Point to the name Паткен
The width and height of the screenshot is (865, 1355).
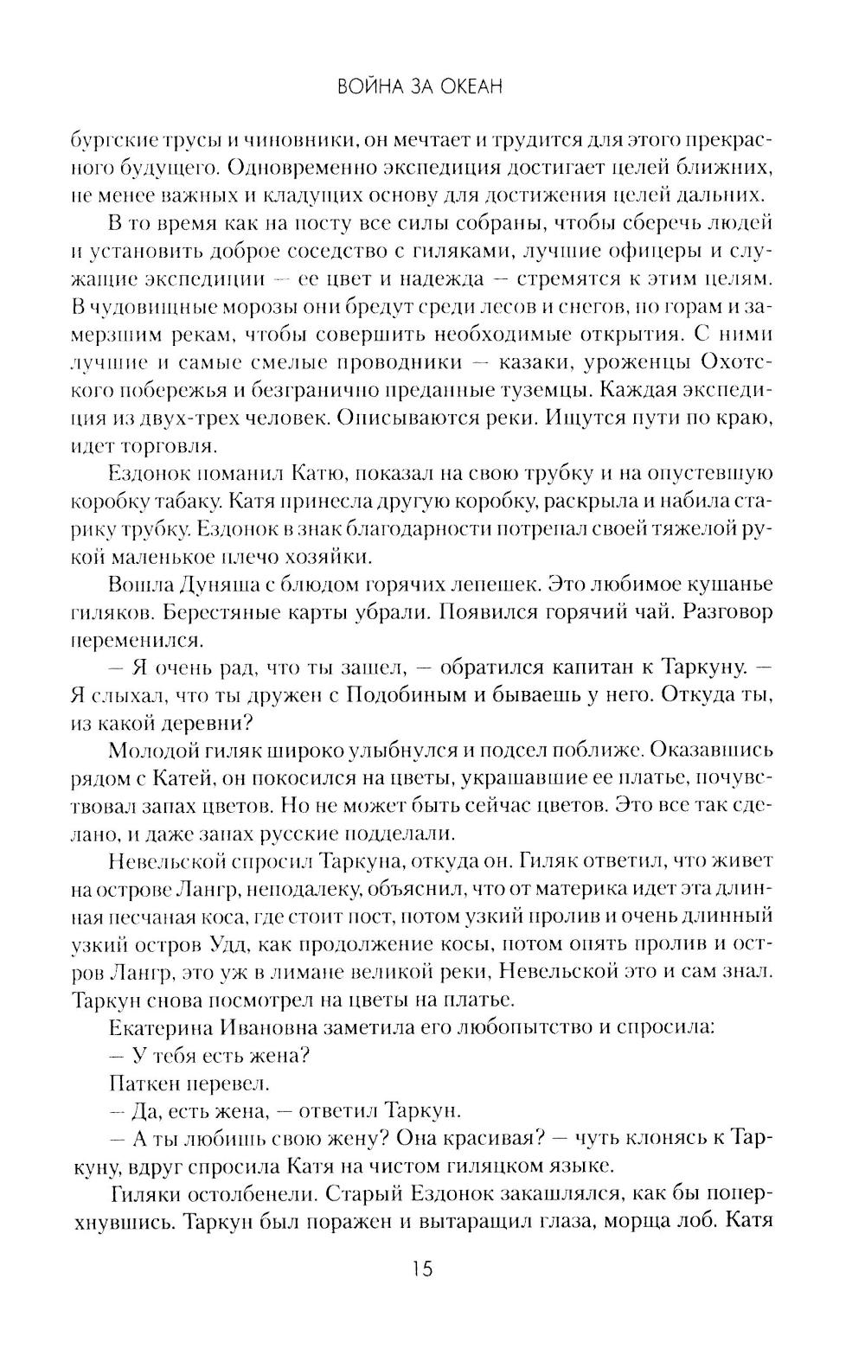click(x=143, y=1082)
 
